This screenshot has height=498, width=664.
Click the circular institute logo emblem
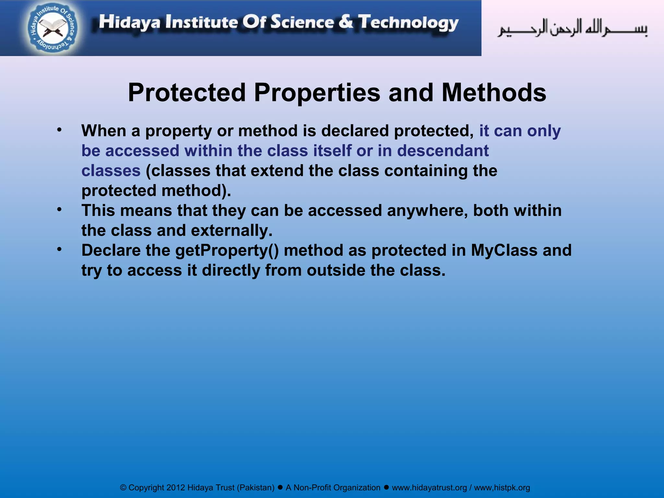(52, 28)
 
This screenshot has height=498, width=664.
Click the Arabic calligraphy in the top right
(572, 28)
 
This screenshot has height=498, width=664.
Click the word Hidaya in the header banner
(129, 22)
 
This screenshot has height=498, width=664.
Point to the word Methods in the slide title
(494, 93)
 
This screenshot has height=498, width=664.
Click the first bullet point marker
(59, 130)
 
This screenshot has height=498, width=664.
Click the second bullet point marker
(59, 210)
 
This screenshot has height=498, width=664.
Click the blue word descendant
(443, 151)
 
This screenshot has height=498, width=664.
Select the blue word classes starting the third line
(111, 171)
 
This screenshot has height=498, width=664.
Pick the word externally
(231, 231)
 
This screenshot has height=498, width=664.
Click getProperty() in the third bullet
(227, 251)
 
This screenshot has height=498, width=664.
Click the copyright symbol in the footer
(123, 488)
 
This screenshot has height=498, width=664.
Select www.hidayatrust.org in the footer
(429, 488)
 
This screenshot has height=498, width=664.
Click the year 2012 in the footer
(176, 488)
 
